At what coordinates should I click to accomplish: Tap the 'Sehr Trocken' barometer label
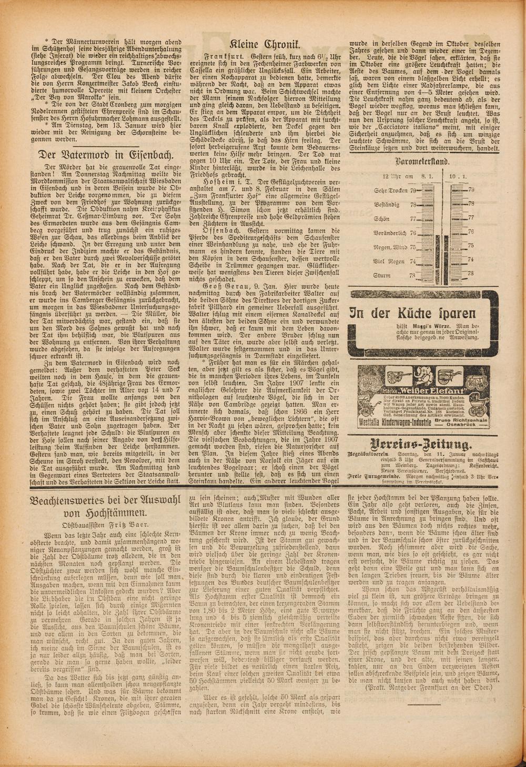(x=391, y=190)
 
